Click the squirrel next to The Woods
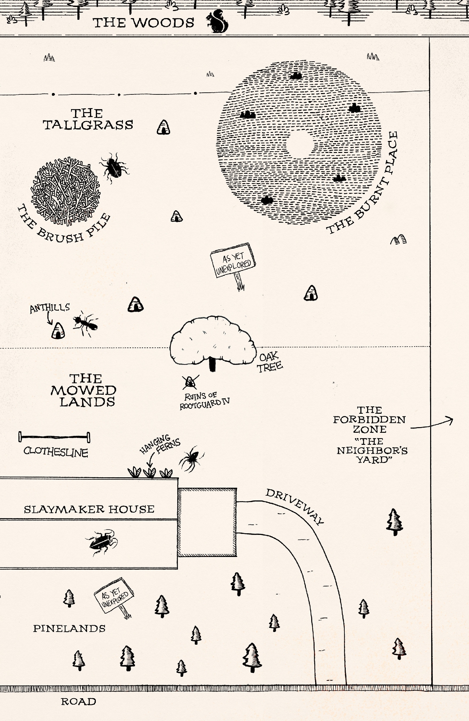pos(217,22)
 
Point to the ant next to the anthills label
pos(85,323)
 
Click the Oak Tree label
pos(270,362)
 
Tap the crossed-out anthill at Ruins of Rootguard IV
pos(190,382)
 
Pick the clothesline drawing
pos(54,437)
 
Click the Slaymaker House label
pos(89,509)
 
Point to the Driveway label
pos(295,506)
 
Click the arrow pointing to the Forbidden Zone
pos(432,424)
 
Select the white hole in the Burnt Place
pos(300,145)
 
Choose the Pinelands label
pos(69,628)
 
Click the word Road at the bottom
pos(78,702)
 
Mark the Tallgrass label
pos(88,119)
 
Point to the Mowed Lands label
pos(84,390)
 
